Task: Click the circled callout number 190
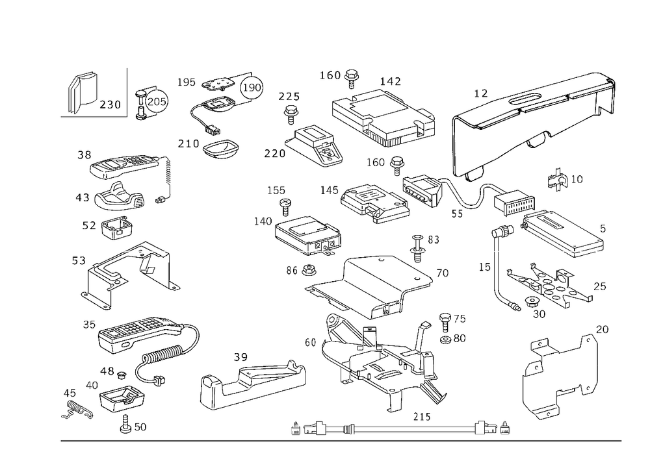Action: click(252, 88)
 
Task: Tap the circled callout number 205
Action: click(156, 101)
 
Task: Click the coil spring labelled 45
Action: click(77, 410)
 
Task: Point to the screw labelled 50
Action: click(125, 424)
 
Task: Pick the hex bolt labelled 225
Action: click(291, 114)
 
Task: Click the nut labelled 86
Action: click(307, 270)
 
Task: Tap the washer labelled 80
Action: click(446, 340)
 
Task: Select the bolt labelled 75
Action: click(445, 323)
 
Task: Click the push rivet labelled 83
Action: click(418, 247)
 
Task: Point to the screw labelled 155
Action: click(285, 206)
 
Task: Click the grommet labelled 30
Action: click(531, 302)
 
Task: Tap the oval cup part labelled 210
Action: click(222, 149)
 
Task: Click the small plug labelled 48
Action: click(121, 375)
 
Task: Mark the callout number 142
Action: click(390, 81)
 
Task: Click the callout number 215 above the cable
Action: click(422, 417)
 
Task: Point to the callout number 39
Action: click(240, 357)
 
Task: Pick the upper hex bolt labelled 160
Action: click(352, 79)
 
